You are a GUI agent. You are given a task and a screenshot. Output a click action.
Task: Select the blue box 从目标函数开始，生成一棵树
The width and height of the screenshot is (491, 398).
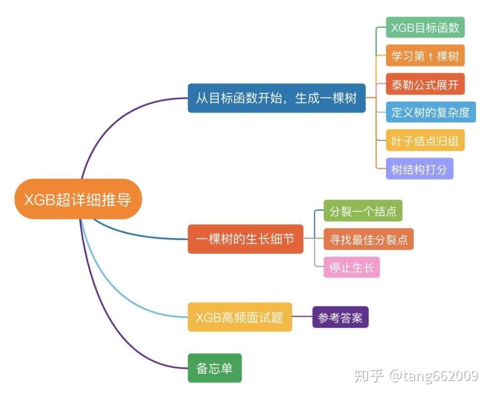pos(276,98)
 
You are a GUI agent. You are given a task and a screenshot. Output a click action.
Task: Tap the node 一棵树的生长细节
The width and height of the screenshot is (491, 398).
pos(245,239)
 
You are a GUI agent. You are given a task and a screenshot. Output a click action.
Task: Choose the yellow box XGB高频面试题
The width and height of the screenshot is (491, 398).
pos(240,317)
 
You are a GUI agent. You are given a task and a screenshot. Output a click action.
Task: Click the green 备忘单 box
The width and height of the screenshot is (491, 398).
pos(215,368)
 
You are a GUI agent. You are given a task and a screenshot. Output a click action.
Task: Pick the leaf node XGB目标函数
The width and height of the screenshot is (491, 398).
pos(425,28)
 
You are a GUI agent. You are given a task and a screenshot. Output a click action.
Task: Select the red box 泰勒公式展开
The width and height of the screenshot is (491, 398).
pos(425,84)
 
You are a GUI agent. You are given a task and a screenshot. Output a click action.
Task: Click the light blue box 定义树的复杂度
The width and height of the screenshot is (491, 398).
pos(431,112)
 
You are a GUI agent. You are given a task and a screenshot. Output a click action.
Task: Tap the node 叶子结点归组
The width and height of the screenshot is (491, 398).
pos(425,140)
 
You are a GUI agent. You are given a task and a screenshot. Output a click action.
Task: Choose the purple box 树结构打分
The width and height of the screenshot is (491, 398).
pos(419,169)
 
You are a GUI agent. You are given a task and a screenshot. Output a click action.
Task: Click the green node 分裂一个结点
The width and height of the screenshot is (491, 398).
pos(363,211)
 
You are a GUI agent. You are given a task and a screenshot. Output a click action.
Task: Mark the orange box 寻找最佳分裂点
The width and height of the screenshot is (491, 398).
pos(368,239)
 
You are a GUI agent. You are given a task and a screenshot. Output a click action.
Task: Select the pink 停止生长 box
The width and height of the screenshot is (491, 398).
pos(351,267)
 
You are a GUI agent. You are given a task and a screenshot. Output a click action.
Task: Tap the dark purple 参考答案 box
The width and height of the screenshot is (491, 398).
pos(340,318)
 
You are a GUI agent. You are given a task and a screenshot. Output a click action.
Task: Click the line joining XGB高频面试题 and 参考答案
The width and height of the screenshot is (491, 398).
pos(302,317)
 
